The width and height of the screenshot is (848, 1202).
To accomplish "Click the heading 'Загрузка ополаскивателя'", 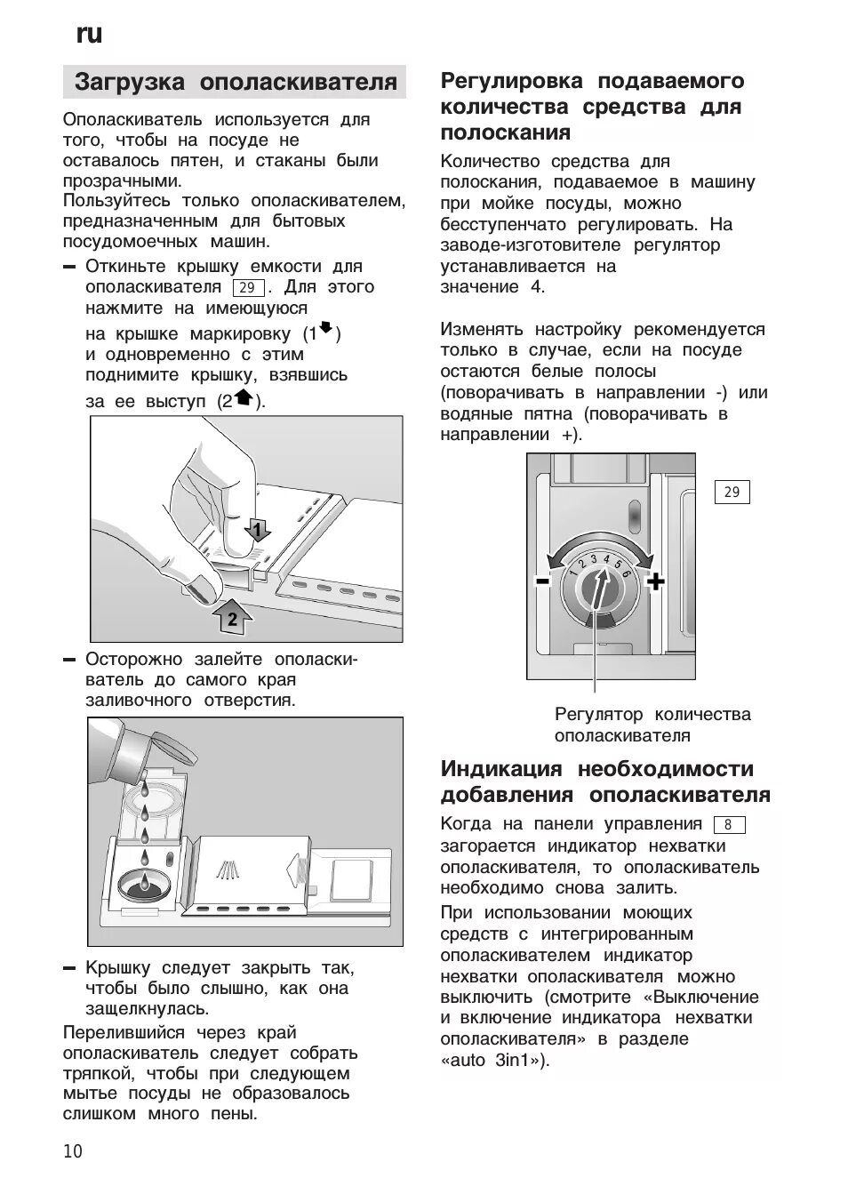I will [x=236, y=83].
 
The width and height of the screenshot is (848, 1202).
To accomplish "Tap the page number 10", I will [x=73, y=1152].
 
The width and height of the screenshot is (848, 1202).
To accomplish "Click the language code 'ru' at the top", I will [x=89, y=34].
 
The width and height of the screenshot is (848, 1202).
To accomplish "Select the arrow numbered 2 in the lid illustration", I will [x=231, y=618].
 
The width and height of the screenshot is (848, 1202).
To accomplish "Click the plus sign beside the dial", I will [x=655, y=582].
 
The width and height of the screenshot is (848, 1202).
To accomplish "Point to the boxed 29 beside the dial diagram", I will [x=732, y=492].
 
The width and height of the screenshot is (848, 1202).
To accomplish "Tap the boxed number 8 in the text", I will [x=728, y=824].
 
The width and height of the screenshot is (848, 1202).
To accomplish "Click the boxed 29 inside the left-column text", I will [x=248, y=287].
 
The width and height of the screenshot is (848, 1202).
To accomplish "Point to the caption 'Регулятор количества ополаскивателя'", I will [x=652, y=725].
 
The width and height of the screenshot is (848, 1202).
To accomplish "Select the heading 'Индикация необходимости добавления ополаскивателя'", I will [x=605, y=781].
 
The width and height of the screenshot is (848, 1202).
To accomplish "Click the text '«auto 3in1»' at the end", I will [x=495, y=1060].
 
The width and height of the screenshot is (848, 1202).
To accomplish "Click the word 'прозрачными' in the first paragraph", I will [x=122, y=180].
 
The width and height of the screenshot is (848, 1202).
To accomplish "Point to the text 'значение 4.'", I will [x=492, y=286].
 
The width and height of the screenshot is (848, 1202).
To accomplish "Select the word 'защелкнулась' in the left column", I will [x=147, y=1009].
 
